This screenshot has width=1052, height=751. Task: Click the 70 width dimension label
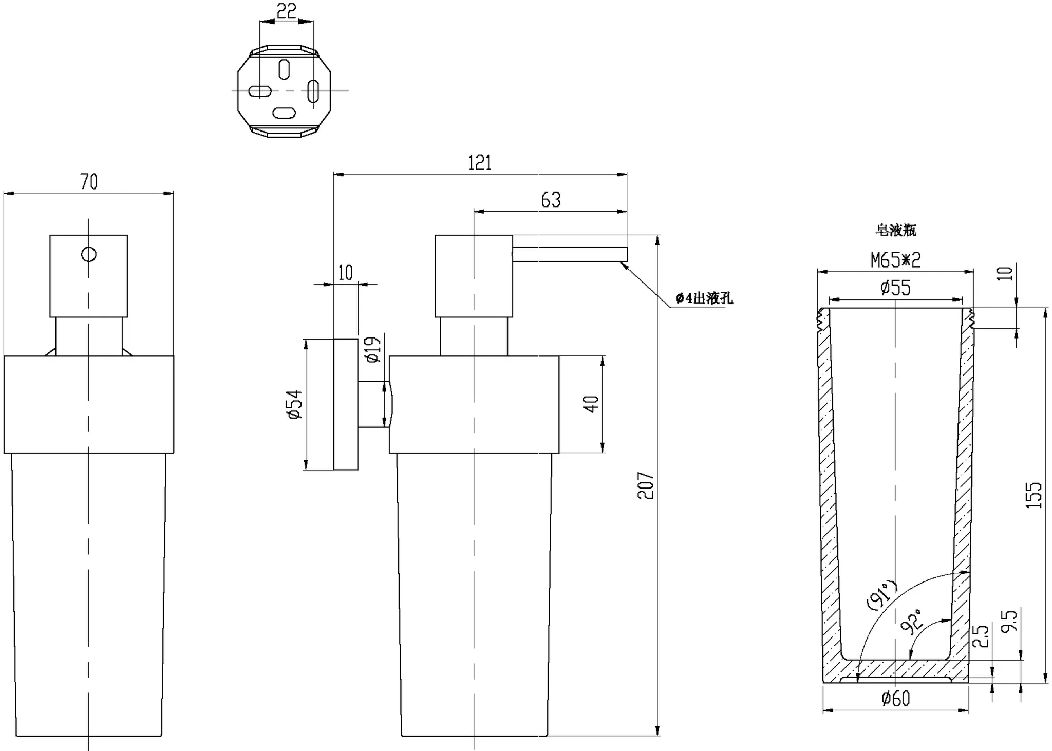tap(89, 182)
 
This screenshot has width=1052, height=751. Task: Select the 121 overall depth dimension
tap(480, 163)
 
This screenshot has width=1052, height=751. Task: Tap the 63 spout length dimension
tap(551, 200)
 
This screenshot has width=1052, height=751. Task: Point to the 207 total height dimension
tap(646, 485)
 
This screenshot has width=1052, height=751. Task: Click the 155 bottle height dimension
tap(1034, 495)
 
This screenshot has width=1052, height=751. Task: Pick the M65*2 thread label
tap(896, 260)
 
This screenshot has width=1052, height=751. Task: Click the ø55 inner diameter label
tap(896, 288)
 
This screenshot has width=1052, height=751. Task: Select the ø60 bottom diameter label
tap(896, 699)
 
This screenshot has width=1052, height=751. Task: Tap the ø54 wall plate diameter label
tap(295, 405)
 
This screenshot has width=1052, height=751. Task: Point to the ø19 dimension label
tap(373, 349)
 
